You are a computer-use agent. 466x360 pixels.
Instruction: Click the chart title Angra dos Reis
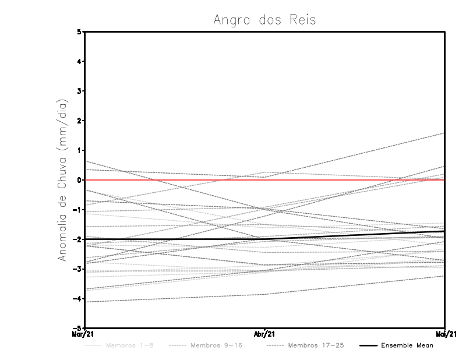264,20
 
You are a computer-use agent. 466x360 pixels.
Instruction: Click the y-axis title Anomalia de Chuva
62,180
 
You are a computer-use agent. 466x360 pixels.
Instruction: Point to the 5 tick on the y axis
80,31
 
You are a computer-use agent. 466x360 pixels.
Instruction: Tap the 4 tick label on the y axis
80,61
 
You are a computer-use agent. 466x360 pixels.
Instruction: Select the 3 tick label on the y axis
80,91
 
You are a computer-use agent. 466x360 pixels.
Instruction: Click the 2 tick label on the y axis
80,121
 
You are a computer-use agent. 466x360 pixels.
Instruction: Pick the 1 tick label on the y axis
80,150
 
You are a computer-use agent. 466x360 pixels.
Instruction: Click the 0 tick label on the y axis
80,180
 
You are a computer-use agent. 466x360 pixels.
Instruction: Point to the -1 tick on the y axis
78,210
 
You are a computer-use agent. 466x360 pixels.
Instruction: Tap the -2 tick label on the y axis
78,239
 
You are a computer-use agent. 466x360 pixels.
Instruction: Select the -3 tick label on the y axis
78,269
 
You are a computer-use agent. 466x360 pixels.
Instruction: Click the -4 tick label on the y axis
78,299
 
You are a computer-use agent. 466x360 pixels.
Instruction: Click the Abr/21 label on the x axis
264,334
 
